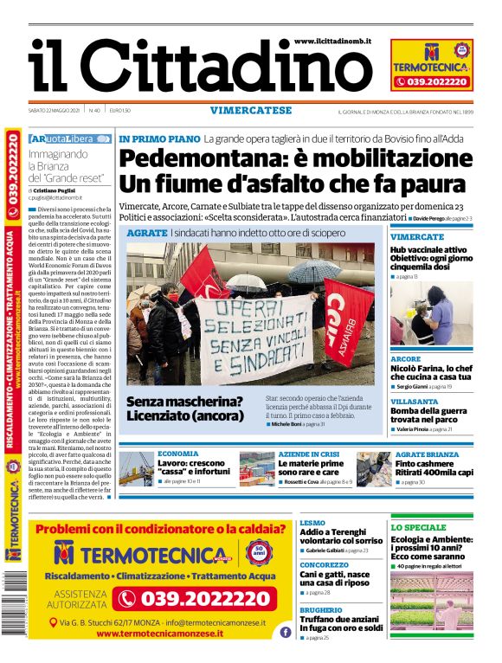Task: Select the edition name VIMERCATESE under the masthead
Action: point(250,111)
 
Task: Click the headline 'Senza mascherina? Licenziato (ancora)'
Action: point(184,409)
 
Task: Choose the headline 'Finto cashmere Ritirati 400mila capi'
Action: point(434,468)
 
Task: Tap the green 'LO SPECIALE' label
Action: point(419,527)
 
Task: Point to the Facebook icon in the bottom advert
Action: point(285,633)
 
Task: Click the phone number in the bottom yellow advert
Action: point(195,598)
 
